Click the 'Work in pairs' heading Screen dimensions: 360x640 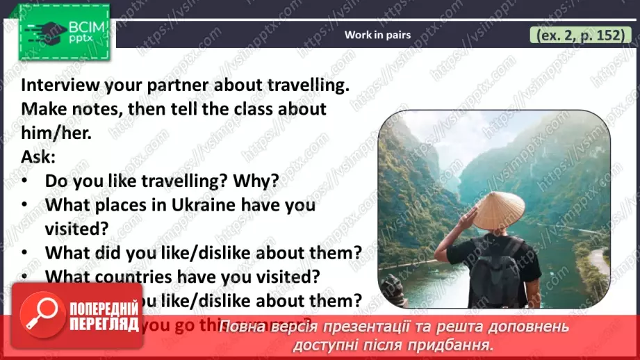377,34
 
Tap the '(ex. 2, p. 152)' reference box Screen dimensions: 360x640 577,35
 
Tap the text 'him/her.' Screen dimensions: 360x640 56,133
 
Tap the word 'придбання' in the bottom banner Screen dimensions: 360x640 459,344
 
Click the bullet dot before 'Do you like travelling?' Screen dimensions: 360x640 26,181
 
